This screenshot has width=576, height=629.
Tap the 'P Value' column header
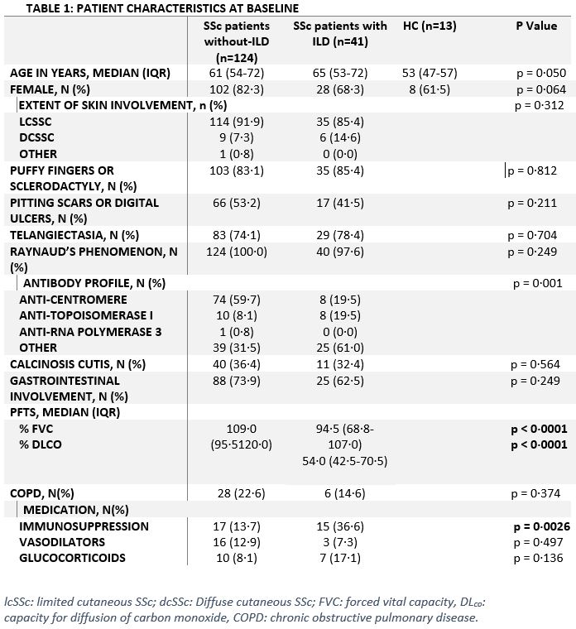(536, 26)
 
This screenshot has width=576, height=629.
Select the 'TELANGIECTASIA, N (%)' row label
(74, 234)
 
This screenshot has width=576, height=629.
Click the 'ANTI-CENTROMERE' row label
(74, 299)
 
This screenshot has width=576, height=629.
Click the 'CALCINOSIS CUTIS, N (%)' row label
(78, 363)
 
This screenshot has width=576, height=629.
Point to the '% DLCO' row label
(41, 444)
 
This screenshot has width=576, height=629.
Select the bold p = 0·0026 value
(534, 526)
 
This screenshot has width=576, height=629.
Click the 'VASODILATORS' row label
(62, 541)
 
